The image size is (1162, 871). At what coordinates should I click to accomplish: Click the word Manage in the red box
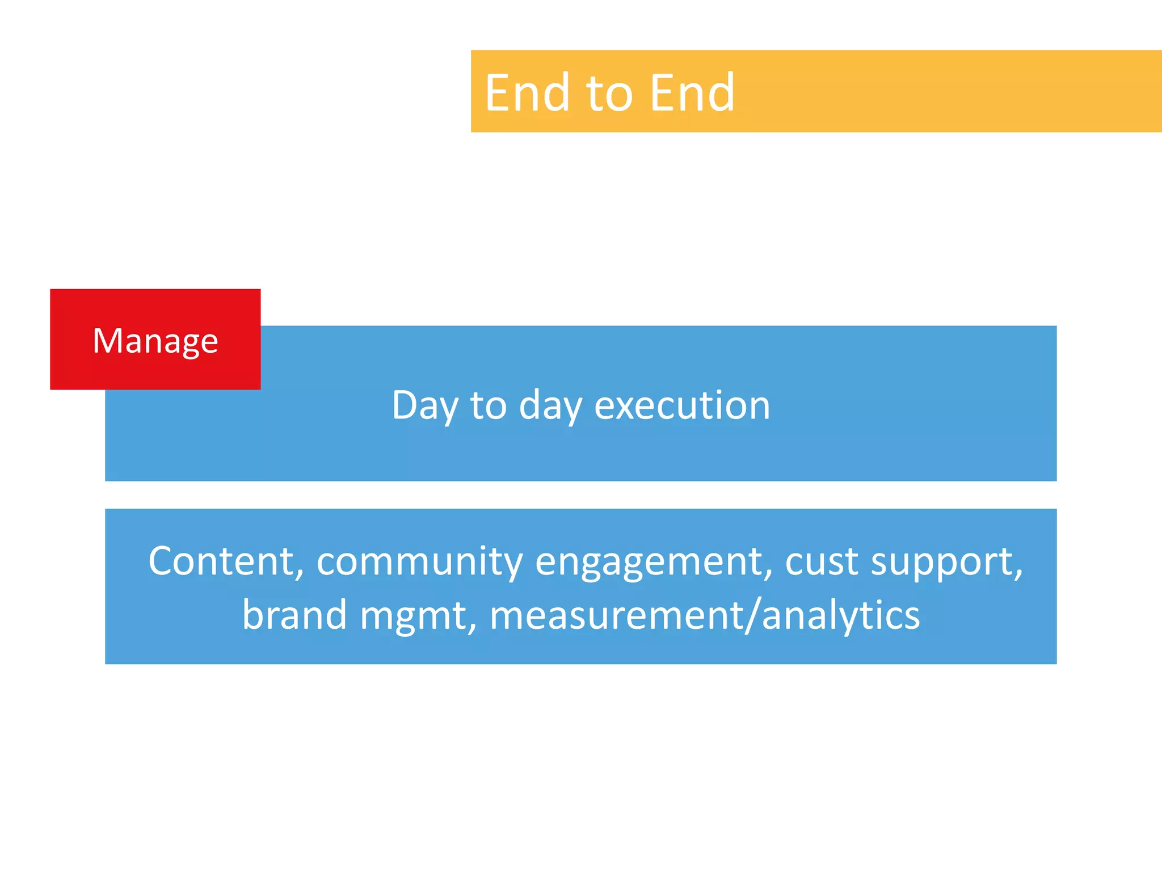tap(155, 341)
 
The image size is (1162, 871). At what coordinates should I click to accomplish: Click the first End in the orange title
tap(527, 92)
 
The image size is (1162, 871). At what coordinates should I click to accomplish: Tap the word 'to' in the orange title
tap(609, 94)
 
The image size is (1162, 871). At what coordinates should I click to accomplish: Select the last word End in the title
tap(692, 92)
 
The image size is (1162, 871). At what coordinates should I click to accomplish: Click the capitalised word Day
tap(424, 406)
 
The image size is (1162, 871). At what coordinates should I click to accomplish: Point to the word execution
tap(682, 406)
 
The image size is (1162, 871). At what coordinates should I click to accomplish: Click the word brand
tap(294, 615)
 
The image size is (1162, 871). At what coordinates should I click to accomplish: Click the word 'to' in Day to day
tap(488, 406)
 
